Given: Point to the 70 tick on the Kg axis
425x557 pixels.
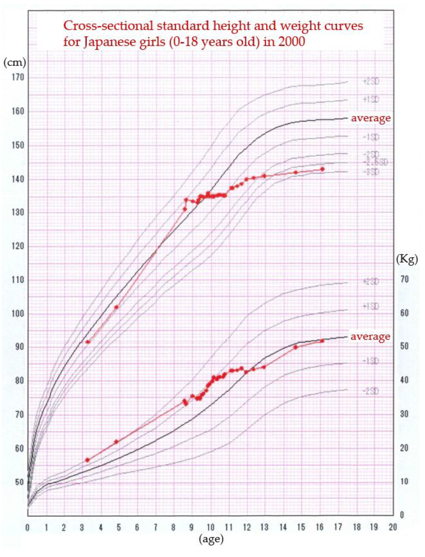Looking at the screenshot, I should pyautogui.click(x=404, y=279).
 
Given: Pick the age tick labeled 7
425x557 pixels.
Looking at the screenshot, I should pyautogui.click(x=155, y=527).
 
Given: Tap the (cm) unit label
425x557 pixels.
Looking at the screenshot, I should pyautogui.click(x=15, y=62).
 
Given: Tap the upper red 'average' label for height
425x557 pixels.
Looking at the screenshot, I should pyautogui.click(x=371, y=118).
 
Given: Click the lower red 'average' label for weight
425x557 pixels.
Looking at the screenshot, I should pyautogui.click(x=370, y=337).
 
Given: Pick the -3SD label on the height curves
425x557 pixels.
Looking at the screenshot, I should pyautogui.click(x=371, y=172).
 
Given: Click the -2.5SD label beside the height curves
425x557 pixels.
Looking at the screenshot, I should pyautogui.click(x=375, y=162).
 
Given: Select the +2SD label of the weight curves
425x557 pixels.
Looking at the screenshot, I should pyautogui.click(x=371, y=281).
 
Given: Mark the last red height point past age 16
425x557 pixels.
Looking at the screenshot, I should pyautogui.click(x=322, y=169).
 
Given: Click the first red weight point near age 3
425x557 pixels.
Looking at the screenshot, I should pyautogui.click(x=87, y=460).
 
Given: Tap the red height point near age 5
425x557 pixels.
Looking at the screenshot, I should pyautogui.click(x=116, y=307).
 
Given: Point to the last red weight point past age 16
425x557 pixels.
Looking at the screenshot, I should pyautogui.click(x=322, y=341).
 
